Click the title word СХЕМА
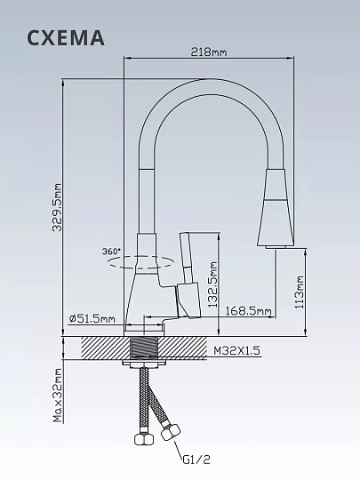click(x=66, y=37)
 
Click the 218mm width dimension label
click(x=209, y=52)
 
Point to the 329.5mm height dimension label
click(x=57, y=207)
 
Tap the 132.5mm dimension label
click(x=212, y=284)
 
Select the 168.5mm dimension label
click(x=248, y=311)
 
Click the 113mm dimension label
click(x=300, y=292)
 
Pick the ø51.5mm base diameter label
click(x=92, y=319)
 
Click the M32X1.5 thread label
click(x=236, y=350)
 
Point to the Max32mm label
click(x=57, y=395)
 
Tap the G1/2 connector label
click(x=197, y=460)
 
